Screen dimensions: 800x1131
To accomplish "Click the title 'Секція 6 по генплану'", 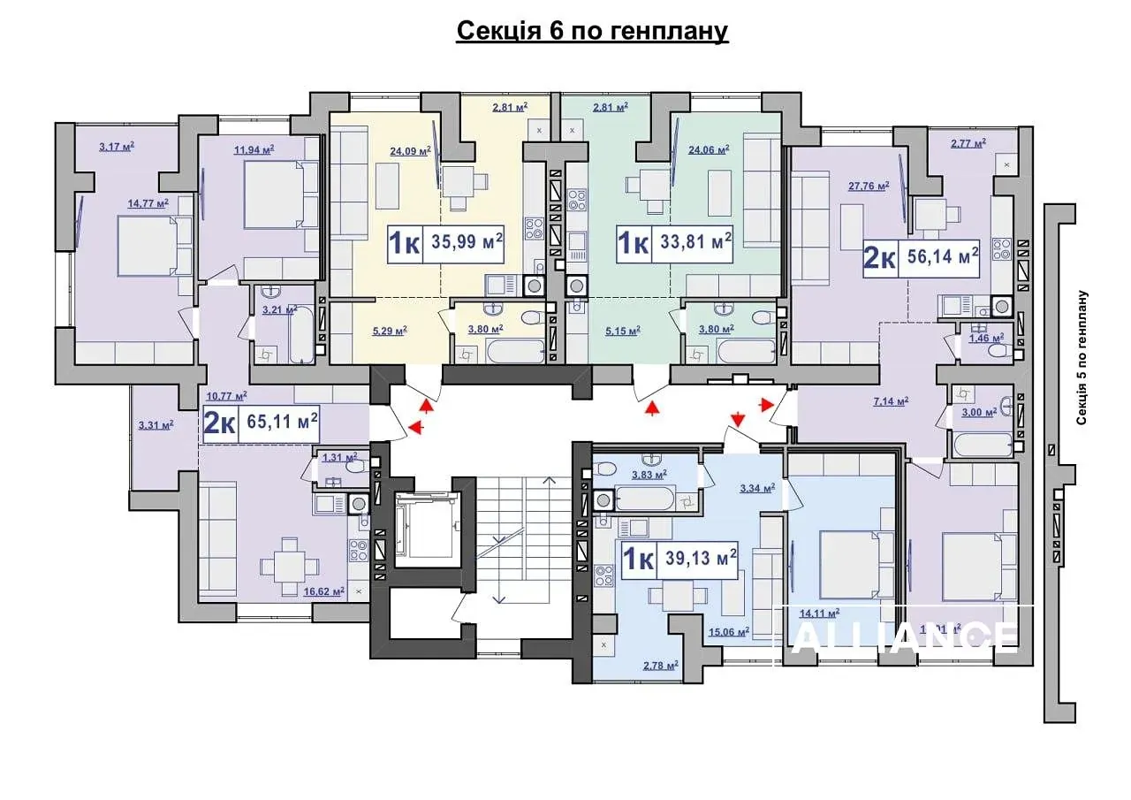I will pos(592,32).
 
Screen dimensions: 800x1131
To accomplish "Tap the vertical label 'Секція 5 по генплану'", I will pos(1081,358).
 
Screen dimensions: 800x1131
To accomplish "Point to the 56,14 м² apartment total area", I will pos(938,257).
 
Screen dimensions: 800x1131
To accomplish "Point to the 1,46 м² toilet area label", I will pos(985,338).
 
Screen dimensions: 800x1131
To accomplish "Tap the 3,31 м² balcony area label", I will pos(156,425).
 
